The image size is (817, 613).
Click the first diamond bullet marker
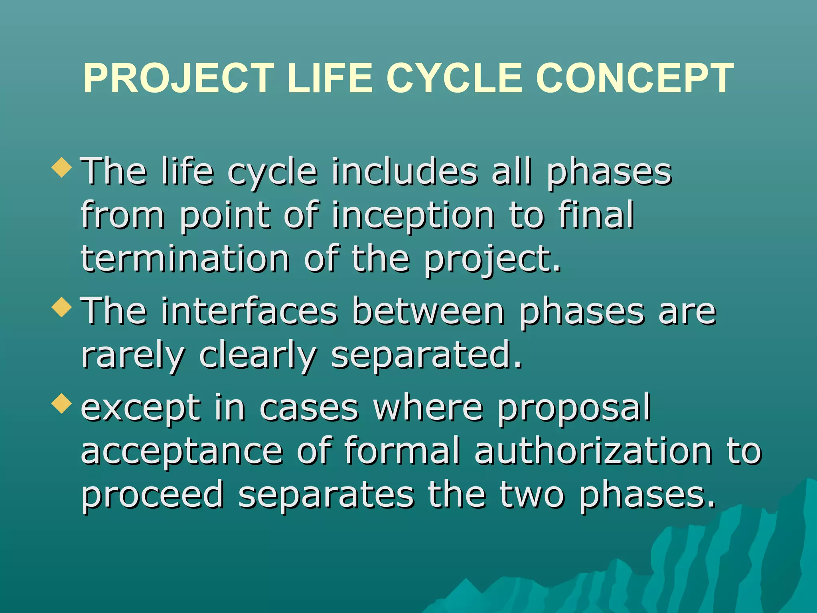[x=62, y=167]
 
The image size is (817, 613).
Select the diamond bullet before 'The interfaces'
[x=62, y=307]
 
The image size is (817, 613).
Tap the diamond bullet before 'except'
[x=62, y=403]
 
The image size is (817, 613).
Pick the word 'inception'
[x=413, y=216]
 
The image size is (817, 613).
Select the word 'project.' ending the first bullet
[x=492, y=259]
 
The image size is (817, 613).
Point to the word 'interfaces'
[x=249, y=311]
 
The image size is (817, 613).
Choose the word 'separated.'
[x=426, y=355]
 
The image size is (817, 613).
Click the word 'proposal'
[x=574, y=408]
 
